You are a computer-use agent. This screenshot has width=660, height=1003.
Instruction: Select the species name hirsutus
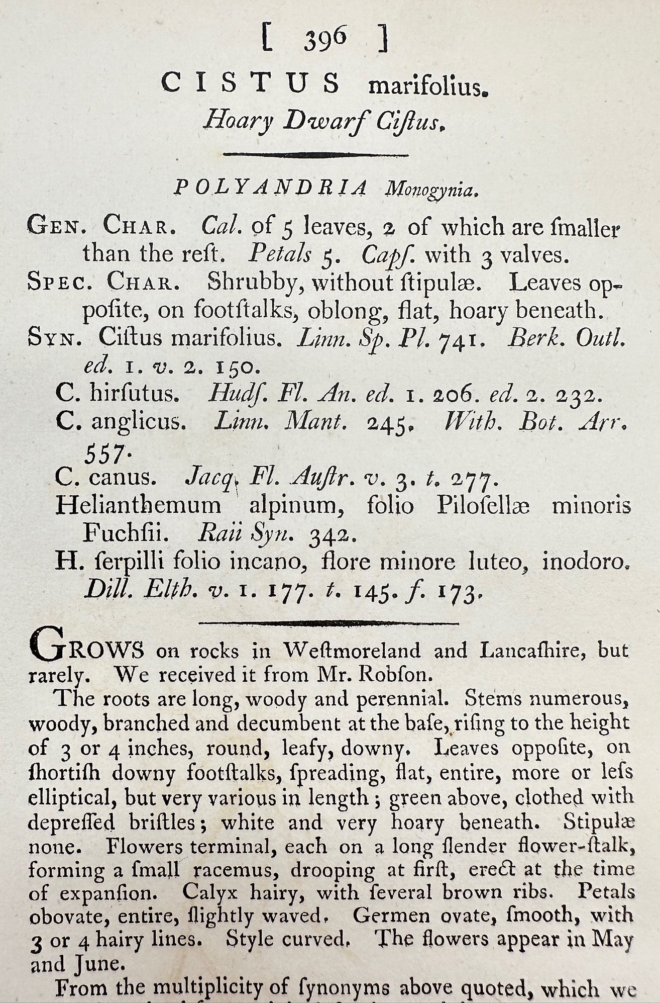(x=135, y=394)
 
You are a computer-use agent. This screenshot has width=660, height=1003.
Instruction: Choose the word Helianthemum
(x=138, y=505)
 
